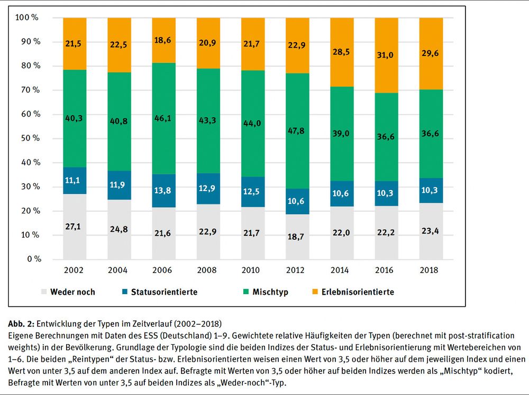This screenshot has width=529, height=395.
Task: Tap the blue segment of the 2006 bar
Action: click(164, 191)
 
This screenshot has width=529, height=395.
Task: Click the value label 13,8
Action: click(164, 191)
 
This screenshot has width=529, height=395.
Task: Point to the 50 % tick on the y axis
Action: click(29, 138)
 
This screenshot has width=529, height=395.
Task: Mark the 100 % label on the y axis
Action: click(28, 17)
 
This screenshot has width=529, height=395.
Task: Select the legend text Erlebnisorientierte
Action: click(357, 291)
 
